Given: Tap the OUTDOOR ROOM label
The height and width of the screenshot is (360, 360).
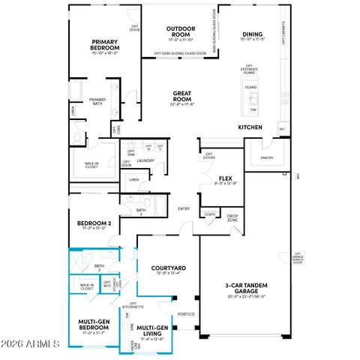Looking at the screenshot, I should tap(181, 31).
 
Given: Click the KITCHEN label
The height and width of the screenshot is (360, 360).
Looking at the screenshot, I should tap(250, 127).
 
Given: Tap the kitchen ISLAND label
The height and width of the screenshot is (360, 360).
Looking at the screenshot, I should tap(250, 88).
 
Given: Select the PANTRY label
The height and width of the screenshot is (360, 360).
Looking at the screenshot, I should tap(267, 158).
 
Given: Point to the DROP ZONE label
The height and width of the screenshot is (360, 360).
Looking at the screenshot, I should tap(232, 217).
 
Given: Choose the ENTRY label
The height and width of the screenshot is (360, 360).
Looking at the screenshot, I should tap(184, 208).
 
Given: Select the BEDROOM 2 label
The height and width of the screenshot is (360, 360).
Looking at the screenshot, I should tap(94, 223).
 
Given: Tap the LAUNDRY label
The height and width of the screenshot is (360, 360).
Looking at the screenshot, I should tap(145, 160).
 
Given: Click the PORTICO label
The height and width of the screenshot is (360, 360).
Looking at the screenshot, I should tap(186, 314).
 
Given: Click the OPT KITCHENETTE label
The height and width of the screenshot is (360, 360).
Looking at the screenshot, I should tap(133, 305).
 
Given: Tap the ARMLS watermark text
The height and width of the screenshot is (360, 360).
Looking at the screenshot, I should tap(30, 344).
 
